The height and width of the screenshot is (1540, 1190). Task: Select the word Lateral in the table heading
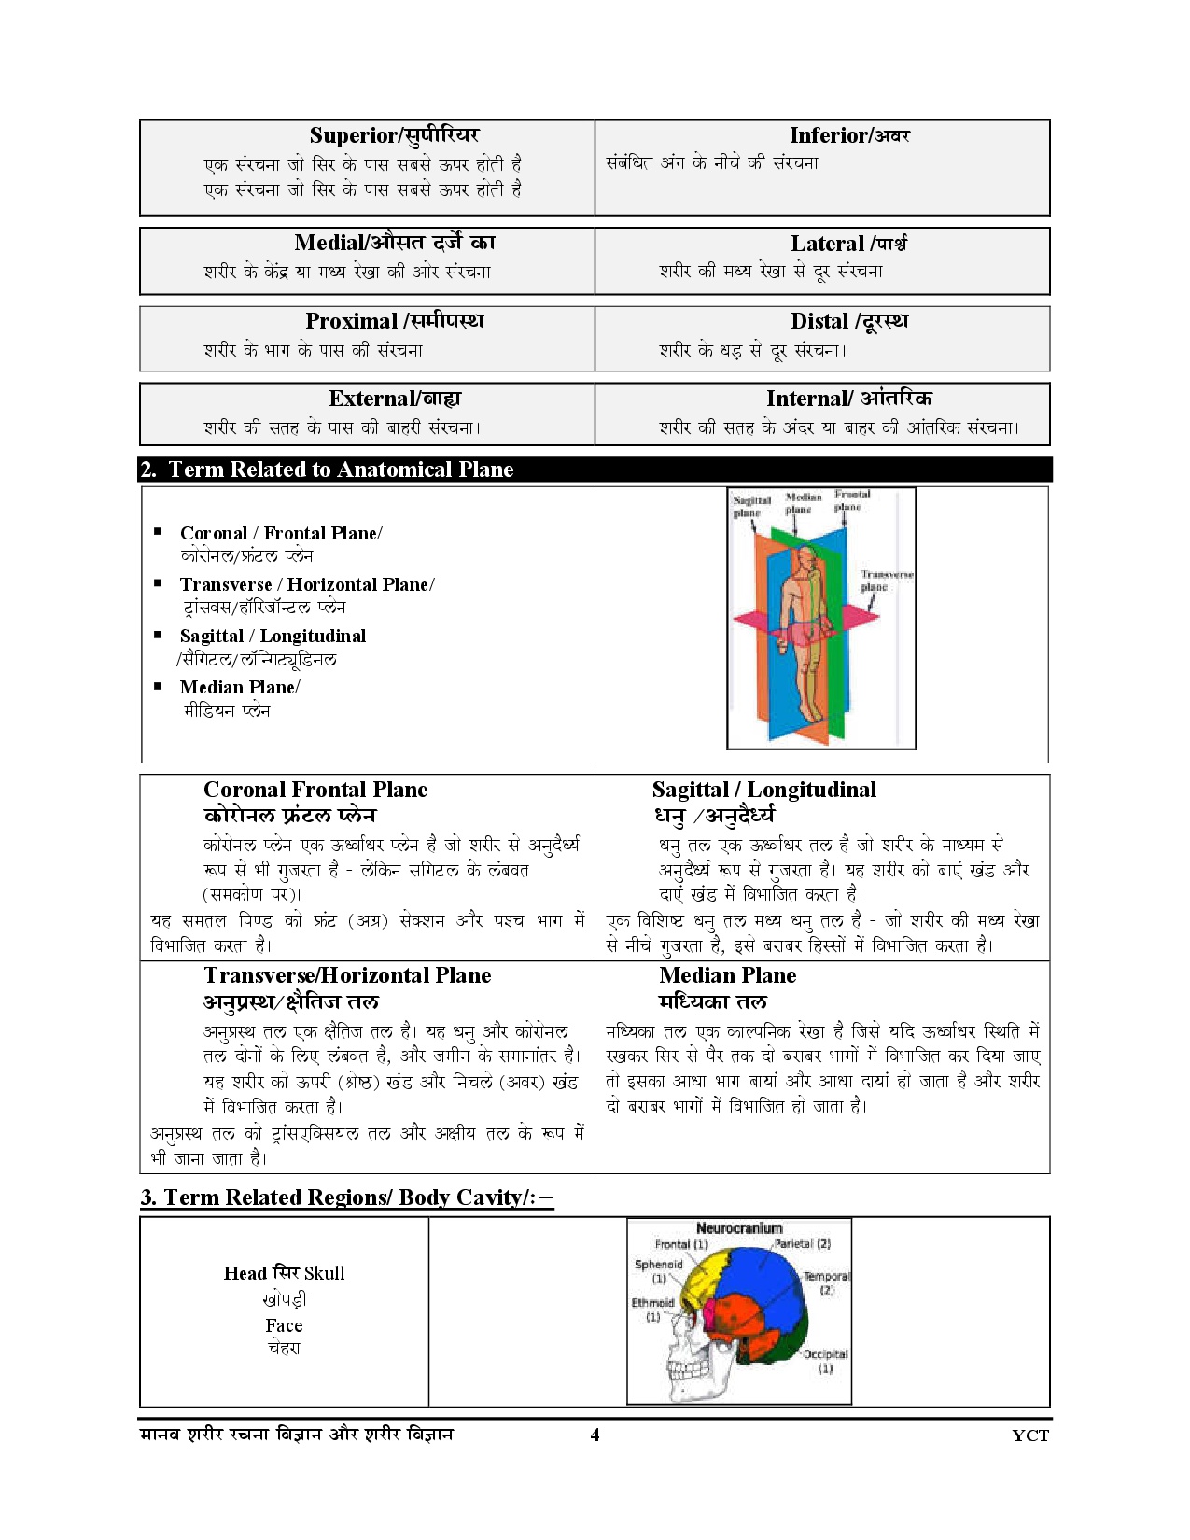point(827,244)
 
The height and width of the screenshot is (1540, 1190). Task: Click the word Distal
point(819,321)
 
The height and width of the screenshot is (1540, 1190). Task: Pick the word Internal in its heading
point(806,399)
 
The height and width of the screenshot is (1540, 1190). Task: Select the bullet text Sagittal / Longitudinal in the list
point(273,636)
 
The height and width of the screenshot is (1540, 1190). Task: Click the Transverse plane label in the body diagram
point(885,581)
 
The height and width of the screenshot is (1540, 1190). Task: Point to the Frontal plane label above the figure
point(851,500)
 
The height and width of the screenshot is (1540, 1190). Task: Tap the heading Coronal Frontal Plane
point(315,790)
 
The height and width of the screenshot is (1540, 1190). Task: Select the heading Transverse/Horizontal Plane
point(347,975)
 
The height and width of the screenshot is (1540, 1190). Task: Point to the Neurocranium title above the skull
point(739,1228)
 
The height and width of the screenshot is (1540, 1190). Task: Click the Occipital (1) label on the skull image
point(825,1361)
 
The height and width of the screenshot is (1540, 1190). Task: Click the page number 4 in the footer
point(595,1435)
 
